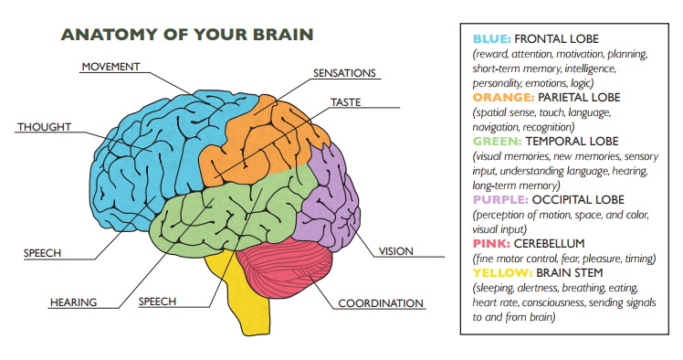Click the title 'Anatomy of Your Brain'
point(187,35)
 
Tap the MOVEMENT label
point(110,67)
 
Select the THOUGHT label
point(43,126)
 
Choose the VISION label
point(395,250)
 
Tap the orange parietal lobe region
point(260,137)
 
